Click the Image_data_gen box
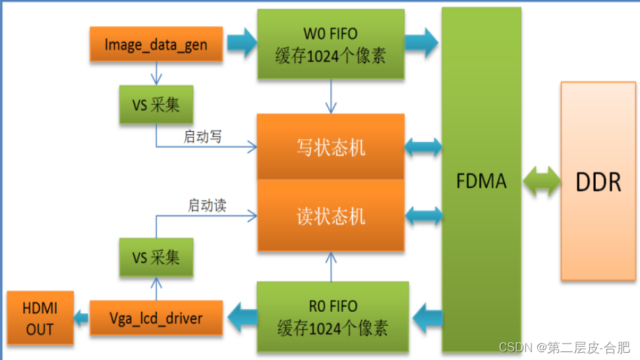click(x=156, y=45)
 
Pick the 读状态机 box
click(x=330, y=216)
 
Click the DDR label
click(x=598, y=181)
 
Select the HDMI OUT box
click(x=40, y=318)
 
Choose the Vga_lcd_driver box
click(x=156, y=318)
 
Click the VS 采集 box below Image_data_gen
click(x=156, y=105)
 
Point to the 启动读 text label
click(x=207, y=206)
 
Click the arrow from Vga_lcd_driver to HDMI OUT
click(x=81, y=318)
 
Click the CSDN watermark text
click(x=564, y=347)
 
